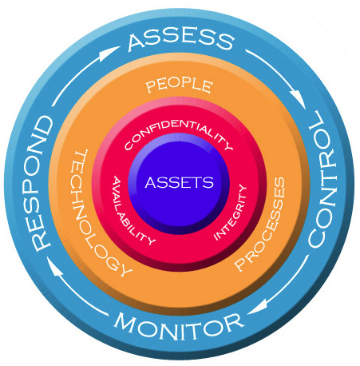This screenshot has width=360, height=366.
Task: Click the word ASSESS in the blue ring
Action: pos(181,39)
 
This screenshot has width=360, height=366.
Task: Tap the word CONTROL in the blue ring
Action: pos(322,178)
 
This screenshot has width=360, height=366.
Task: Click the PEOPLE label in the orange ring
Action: pos(180,86)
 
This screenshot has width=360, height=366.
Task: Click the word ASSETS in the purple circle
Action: pos(180,182)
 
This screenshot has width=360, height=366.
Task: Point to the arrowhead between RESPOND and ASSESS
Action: pos(108,53)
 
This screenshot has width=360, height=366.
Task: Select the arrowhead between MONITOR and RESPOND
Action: pos(54,269)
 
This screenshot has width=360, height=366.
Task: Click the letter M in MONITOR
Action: pos(125,322)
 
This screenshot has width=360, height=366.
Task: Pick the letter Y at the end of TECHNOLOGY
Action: pos(124,269)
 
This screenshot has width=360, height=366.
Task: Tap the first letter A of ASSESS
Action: pos(136,42)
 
